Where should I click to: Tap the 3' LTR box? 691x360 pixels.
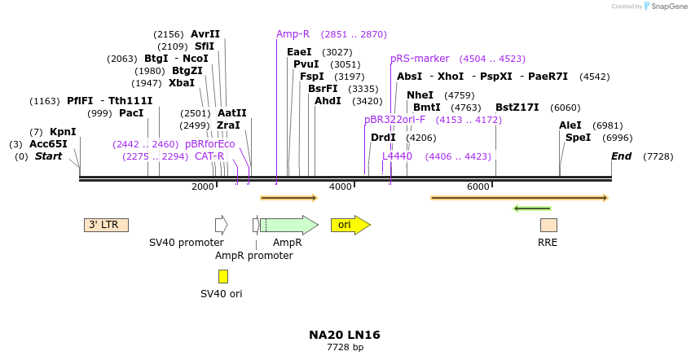pos(106,225)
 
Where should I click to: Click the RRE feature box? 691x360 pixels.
pos(548,225)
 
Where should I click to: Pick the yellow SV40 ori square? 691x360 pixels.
pos(222,276)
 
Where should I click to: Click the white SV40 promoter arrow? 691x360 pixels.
pos(221,225)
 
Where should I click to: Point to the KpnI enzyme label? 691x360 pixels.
pos(63,132)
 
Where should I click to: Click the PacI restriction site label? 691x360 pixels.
pos(131,113)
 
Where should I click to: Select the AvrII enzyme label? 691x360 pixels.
pos(205,34)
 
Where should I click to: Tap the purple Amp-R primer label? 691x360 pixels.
pos(293,34)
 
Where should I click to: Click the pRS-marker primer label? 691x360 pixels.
pos(420,59)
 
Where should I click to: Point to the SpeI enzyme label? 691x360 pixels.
pos(578,138)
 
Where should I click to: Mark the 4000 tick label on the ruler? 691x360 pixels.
pos(340,187)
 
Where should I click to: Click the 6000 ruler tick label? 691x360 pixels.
pos(478,187)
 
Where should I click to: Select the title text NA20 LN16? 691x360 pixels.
pos(345,335)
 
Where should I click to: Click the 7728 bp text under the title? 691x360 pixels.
pos(345,348)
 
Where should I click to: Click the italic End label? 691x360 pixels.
pos(621,156)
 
